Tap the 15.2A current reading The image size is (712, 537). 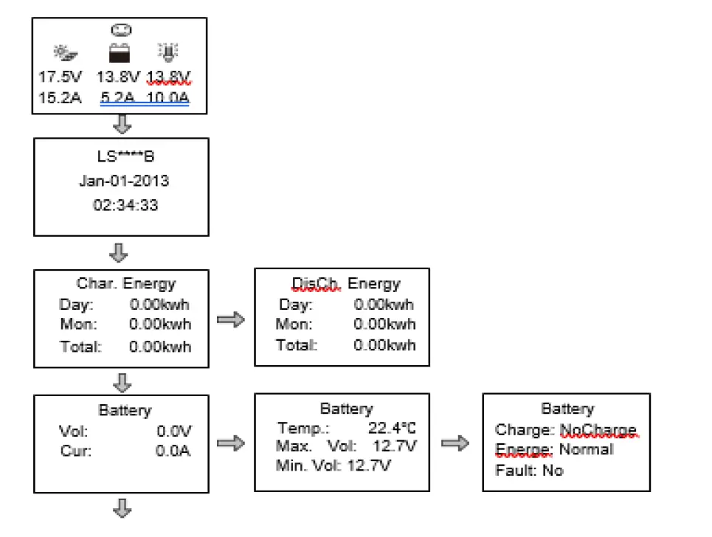point(60,97)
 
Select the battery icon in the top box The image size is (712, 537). point(119,53)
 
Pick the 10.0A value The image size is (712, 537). point(167,97)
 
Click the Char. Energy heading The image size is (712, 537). point(126,284)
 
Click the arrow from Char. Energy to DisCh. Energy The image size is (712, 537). point(231,320)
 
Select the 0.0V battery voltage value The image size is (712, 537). point(173,431)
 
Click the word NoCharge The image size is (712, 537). point(598,429)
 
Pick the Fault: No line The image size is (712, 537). point(529,470)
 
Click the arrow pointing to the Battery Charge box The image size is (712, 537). point(455,443)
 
